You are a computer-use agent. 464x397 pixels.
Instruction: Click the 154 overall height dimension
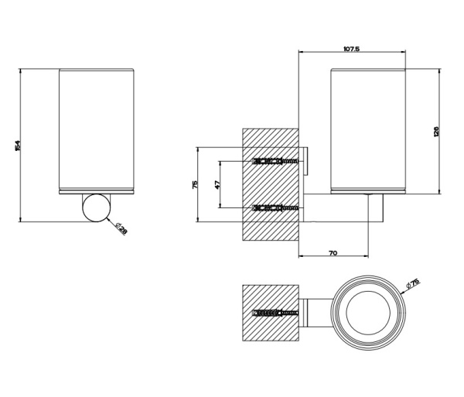pyautogui.click(x=18, y=145)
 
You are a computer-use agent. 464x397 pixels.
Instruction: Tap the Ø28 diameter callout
pyautogui.click(x=121, y=228)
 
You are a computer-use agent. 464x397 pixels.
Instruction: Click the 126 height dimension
pyautogui.click(x=436, y=132)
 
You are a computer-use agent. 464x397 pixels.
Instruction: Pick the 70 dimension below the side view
pyautogui.click(x=332, y=253)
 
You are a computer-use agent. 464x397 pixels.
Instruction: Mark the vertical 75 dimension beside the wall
pyautogui.click(x=195, y=184)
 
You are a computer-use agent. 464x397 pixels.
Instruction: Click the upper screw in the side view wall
pyautogui.click(x=275, y=162)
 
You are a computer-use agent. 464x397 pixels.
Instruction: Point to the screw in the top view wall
pyautogui.click(x=275, y=313)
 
